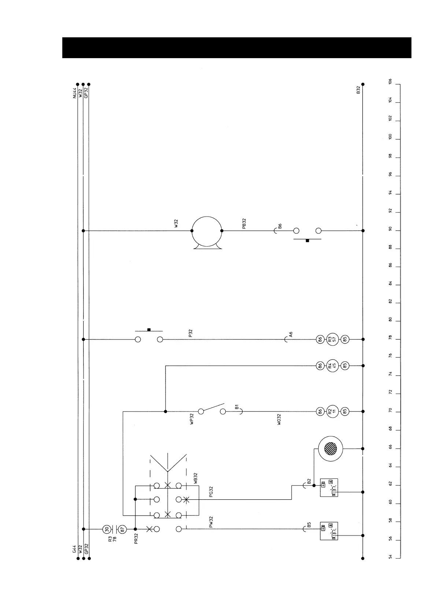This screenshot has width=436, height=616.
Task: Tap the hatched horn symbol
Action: coord(330,449)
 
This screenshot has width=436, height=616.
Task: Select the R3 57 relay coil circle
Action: coord(332,339)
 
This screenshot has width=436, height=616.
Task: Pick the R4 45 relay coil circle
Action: coord(332,365)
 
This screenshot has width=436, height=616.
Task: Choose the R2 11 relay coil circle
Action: coord(332,412)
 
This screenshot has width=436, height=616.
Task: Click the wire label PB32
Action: coord(244,224)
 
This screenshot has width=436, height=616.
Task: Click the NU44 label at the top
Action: coord(74,93)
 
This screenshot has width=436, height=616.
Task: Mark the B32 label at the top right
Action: coord(359,90)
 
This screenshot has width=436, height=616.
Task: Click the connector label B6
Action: coord(280,226)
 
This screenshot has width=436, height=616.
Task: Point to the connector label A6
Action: coord(291,335)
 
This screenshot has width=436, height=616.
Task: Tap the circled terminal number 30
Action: coord(106,529)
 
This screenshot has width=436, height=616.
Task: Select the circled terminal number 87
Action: coord(123,529)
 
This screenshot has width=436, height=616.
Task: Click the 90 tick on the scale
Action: coord(391,230)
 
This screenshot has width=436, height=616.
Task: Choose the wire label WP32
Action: coord(192,419)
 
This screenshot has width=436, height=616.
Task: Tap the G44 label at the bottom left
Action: coord(74,549)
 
